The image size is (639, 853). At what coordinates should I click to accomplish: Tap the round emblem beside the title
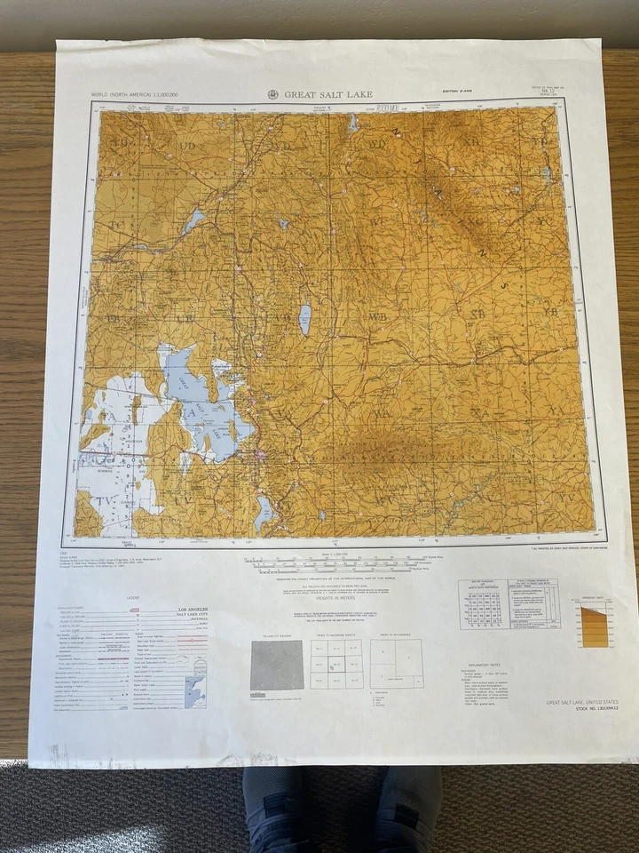(273, 94)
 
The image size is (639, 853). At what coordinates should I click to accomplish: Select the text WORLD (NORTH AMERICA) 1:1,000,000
(134, 94)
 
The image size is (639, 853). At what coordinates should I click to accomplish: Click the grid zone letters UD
(187, 145)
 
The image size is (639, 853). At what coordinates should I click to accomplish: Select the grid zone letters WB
(378, 316)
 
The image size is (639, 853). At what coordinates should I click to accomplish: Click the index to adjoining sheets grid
(336, 664)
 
